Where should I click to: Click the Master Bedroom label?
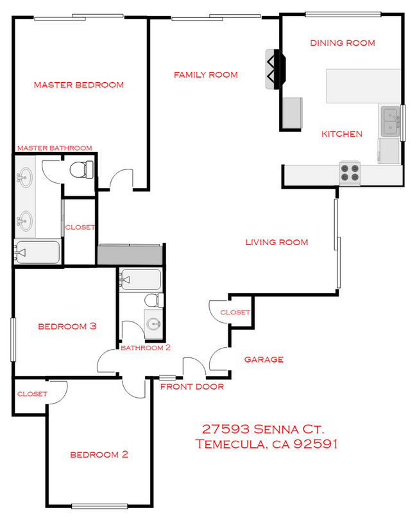click(79, 85)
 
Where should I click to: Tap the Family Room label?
click(206, 75)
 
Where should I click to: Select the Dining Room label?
click(343, 43)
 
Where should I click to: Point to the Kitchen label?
click(342, 134)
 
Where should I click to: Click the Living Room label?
click(277, 243)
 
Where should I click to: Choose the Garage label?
click(264, 359)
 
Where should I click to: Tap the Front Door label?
click(192, 387)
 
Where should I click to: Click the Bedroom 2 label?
click(99, 454)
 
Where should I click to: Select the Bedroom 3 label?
click(67, 327)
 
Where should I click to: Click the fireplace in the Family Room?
click(275, 69)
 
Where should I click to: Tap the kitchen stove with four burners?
click(350, 173)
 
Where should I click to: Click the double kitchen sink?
click(391, 121)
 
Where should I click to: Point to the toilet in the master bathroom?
click(81, 170)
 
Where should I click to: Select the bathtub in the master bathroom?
click(37, 252)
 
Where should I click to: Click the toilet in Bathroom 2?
click(154, 300)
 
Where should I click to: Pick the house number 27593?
click(226, 429)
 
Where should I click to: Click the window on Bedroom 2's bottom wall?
click(99, 506)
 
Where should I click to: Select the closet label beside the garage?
click(235, 312)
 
